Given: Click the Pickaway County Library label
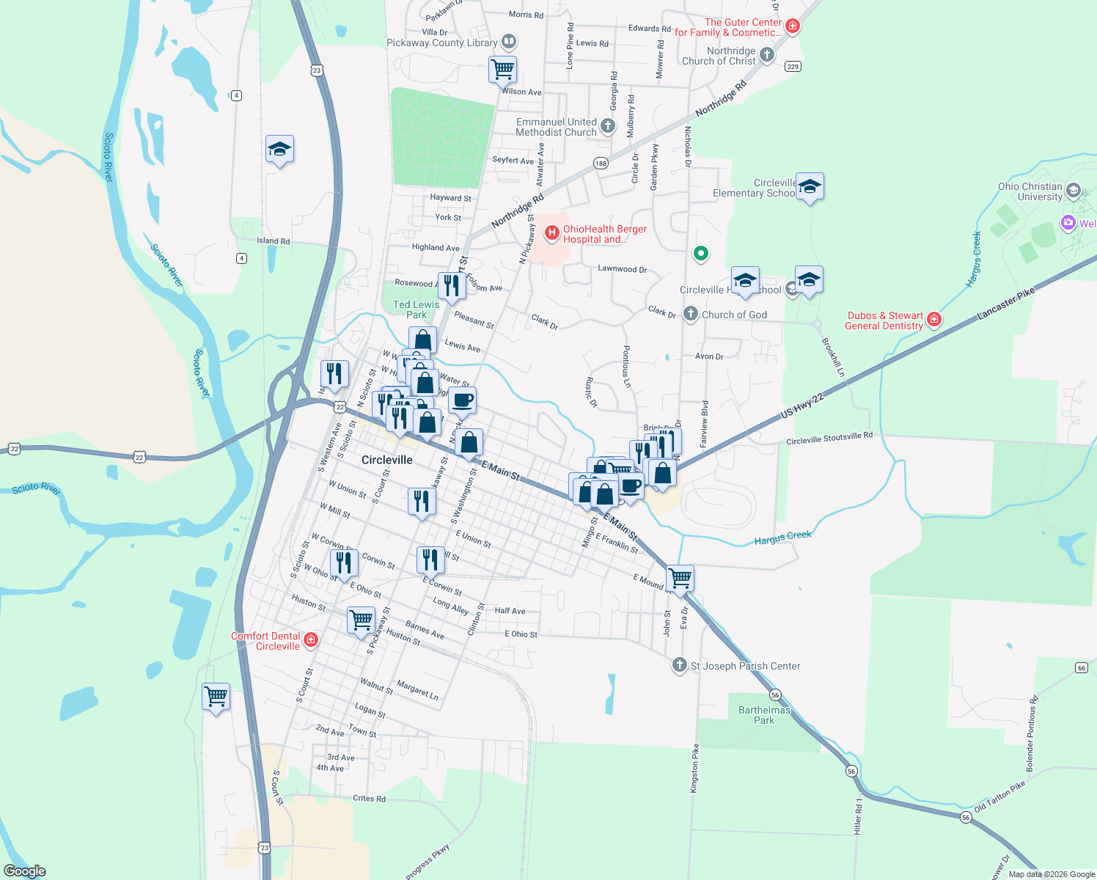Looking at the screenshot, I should point(442,43).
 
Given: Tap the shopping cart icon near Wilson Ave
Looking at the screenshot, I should point(503,70).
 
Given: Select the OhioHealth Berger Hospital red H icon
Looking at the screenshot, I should point(551,233).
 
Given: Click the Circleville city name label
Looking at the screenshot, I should point(386,460).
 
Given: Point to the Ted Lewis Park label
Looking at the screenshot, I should point(416,309).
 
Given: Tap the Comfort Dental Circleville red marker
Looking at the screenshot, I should point(311,640).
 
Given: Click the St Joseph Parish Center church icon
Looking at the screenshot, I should point(680,665).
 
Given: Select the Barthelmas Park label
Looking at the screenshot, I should point(764,715).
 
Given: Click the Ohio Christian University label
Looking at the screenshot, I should point(1030,191).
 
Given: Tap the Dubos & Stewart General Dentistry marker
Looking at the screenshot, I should point(933,319).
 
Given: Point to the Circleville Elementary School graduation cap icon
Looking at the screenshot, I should point(810,187).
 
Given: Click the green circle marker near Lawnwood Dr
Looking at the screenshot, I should point(700,254).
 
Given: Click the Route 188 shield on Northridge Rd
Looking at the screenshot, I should point(601,164).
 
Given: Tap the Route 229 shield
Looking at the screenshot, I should point(792,67).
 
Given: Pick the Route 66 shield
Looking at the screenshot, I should point(1082,667).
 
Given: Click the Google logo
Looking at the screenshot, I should point(25,870).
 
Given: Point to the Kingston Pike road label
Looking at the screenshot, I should point(694,768).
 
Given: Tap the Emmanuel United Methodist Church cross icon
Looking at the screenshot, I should point(608,126).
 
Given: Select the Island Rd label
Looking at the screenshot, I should point(273,241).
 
